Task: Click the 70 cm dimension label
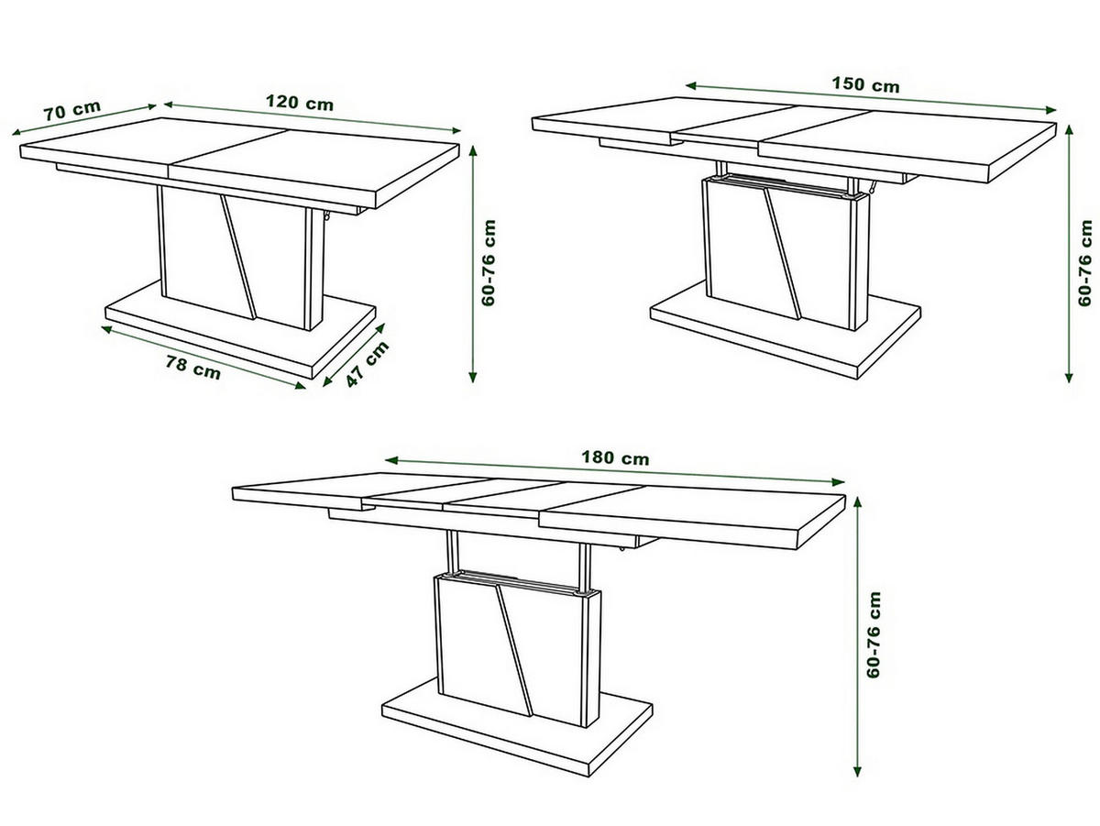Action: coord(72,110)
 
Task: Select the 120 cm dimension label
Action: coord(299,103)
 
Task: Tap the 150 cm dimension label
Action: coord(865,84)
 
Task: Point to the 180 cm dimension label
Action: coord(615,457)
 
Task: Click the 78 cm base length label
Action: coord(192,368)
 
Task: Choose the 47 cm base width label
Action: coord(368,364)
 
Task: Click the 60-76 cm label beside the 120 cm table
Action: coord(488,262)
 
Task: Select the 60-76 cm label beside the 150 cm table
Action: coord(1084,262)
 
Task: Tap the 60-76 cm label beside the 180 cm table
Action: coord(874,635)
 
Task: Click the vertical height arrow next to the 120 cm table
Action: coord(473,264)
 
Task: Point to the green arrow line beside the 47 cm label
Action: coord(354,355)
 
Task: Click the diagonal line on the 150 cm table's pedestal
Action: coord(782,254)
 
